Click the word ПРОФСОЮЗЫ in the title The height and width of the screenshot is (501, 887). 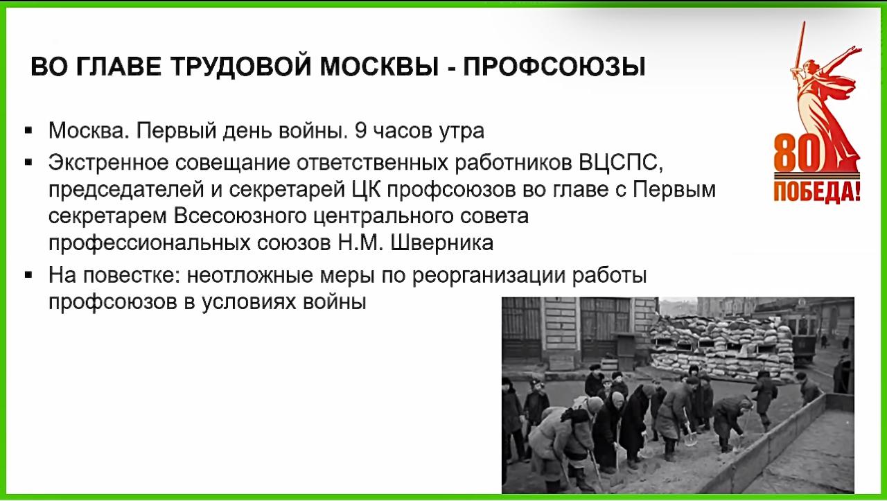coord(554,67)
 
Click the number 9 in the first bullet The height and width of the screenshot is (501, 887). coord(361,131)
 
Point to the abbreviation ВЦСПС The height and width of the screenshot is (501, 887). coord(620,163)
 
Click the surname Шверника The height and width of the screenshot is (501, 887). coord(442,243)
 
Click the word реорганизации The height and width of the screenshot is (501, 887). coord(489,276)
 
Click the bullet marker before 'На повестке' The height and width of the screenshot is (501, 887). coord(28,275)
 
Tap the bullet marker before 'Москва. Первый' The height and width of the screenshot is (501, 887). coord(28,131)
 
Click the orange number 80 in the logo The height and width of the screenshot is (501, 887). coord(796,152)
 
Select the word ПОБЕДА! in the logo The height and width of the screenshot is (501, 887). coord(817,193)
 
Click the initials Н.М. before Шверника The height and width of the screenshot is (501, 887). coord(361,243)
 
